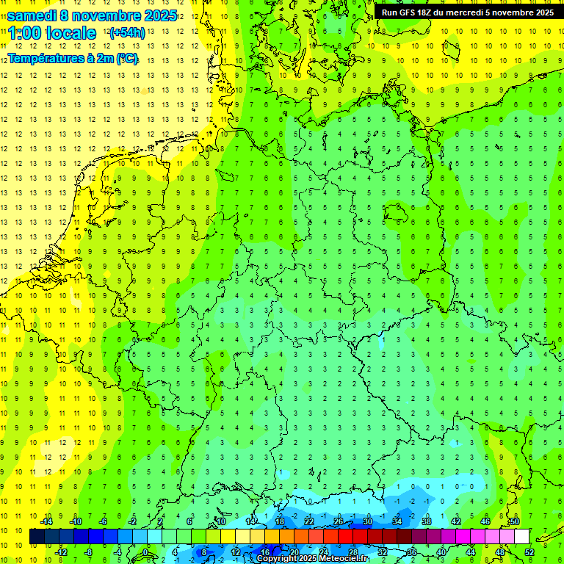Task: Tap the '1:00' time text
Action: coord(24,33)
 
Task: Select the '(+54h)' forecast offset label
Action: coord(126,32)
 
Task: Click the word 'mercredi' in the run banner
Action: coord(473,12)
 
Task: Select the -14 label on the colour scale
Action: coord(46,521)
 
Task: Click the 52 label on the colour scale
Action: coord(529,552)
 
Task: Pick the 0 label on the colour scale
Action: coord(145,552)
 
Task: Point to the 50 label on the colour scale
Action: coord(515,521)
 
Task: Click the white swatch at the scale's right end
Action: coord(521,537)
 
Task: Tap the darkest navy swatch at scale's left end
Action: coord(37,537)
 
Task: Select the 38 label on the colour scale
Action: coord(426,521)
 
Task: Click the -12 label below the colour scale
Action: coord(61,552)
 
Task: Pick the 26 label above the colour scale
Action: coord(338,521)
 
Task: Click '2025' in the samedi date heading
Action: coord(159,15)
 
